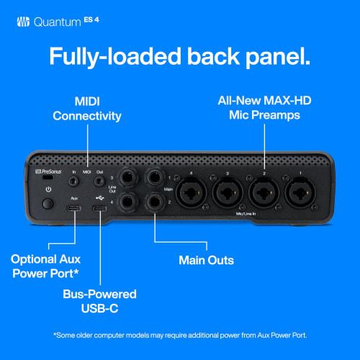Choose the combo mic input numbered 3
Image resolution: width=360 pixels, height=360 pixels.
point(231,194)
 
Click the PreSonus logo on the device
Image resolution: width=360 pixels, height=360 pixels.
point(49,174)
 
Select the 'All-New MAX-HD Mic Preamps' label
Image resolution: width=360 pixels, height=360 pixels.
point(269,107)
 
